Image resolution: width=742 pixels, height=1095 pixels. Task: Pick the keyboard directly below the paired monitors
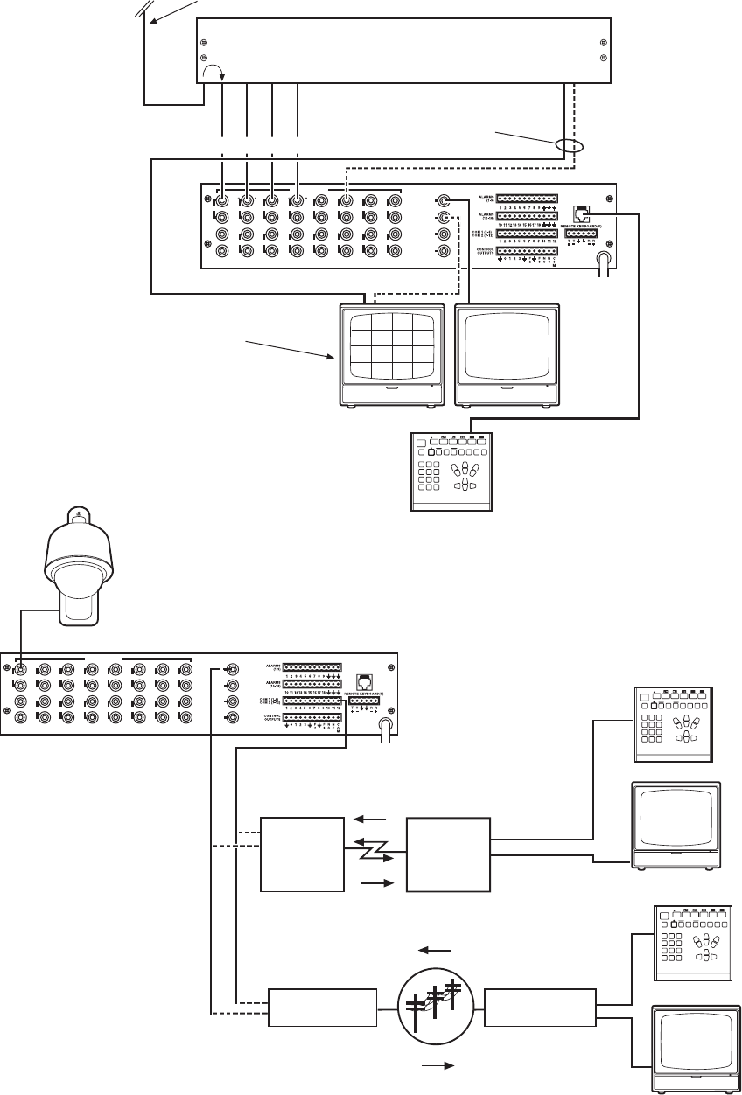(x=452, y=471)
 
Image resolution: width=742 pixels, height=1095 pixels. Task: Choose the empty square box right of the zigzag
(x=449, y=854)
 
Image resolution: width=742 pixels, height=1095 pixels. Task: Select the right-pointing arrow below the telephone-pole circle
(x=437, y=1067)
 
